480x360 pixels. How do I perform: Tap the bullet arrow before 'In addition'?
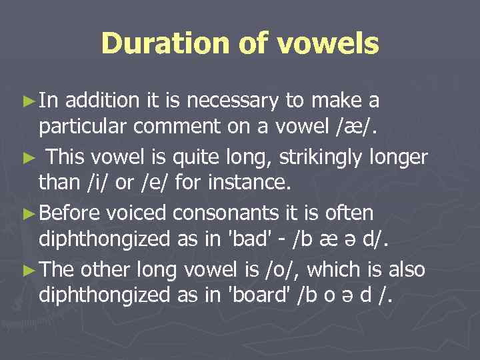coord(27,101)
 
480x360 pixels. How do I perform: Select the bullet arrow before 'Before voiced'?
coord(27,213)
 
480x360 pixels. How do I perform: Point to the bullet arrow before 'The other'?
coord(27,269)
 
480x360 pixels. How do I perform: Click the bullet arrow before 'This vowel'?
coord(27,157)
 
